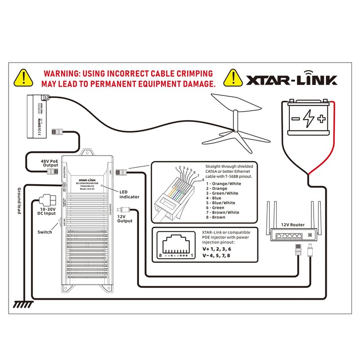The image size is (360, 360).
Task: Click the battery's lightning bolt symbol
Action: point(308,119)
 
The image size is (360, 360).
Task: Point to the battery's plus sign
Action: point(321,119)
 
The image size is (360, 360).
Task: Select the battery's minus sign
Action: point(295,119)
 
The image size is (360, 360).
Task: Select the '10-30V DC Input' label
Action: point(47,211)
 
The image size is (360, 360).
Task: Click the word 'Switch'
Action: point(45,232)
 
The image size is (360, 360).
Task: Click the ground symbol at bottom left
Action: point(21,305)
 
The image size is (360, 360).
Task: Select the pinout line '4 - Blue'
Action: point(216,198)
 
